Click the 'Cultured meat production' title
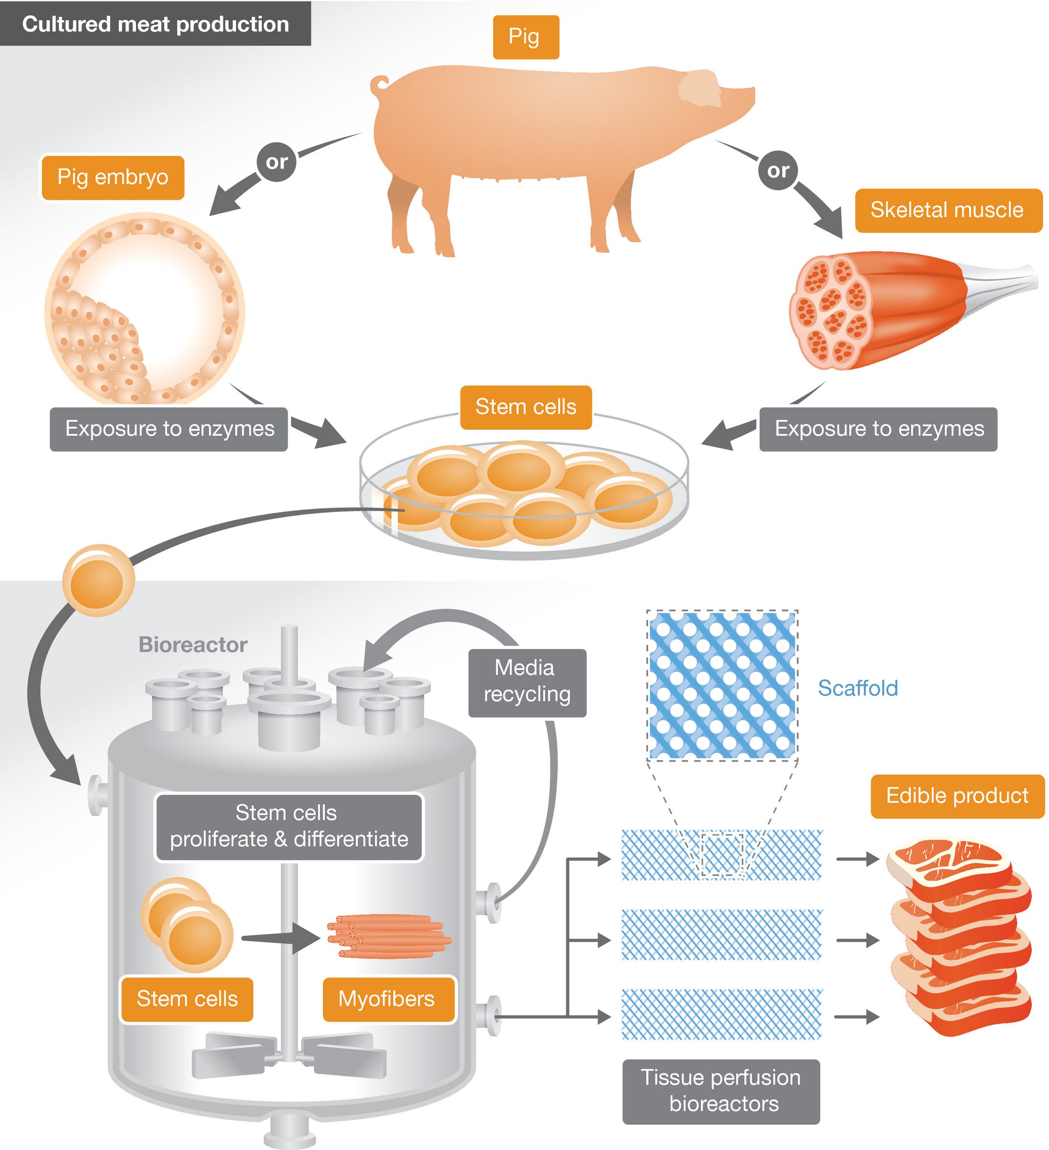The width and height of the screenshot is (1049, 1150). pyautogui.click(x=155, y=24)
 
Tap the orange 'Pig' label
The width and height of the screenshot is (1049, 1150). pyautogui.click(x=525, y=37)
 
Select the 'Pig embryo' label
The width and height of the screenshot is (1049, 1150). pyautogui.click(x=112, y=178)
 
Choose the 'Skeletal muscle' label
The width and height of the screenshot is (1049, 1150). pyautogui.click(x=947, y=210)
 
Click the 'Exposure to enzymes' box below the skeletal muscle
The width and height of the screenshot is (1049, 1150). pyautogui.click(x=878, y=429)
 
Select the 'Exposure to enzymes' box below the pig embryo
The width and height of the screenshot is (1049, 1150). pyautogui.click(x=169, y=429)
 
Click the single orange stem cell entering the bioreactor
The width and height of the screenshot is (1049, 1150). pyautogui.click(x=98, y=580)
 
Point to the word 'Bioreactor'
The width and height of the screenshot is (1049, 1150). pyautogui.click(x=193, y=645)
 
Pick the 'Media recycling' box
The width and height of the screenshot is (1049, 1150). pyautogui.click(x=527, y=682)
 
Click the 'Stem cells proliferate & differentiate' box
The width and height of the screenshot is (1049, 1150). pyautogui.click(x=289, y=826)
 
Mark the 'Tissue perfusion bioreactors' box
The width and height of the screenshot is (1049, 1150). pyautogui.click(x=721, y=1091)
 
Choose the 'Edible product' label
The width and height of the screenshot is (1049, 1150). pyautogui.click(x=957, y=796)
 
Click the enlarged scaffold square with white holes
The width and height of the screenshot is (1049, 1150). pyautogui.click(x=722, y=685)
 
